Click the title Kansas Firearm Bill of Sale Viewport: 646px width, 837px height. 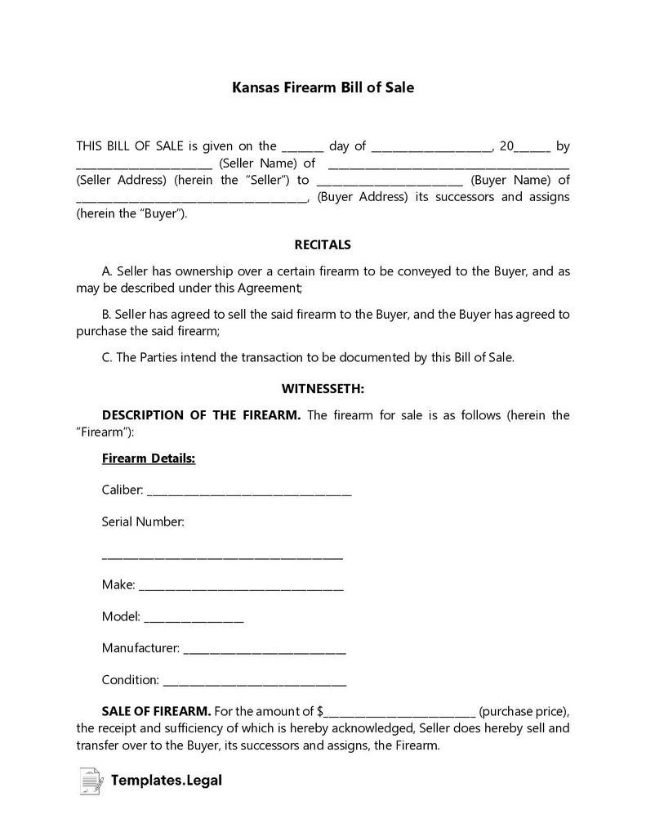[323, 87]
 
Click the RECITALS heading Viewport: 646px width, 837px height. [322, 244]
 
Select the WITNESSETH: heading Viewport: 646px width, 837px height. [323, 388]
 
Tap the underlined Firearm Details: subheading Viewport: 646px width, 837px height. [148, 459]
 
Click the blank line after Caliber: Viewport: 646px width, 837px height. [249, 493]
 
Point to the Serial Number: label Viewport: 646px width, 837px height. [143, 521]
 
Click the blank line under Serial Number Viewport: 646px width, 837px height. [222, 558]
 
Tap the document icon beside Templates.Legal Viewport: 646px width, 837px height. [91, 781]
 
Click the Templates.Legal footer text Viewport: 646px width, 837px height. [168, 781]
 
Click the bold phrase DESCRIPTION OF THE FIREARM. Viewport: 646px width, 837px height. [201, 415]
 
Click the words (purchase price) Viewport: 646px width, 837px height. [523, 711]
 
